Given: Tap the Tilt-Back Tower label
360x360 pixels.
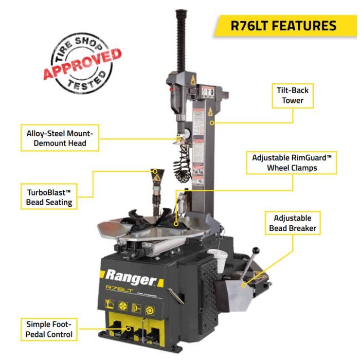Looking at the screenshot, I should pos(293,95).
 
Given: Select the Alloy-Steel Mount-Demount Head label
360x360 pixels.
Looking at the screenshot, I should pos(60,138).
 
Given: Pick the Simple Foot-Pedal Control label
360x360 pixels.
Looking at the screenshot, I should pos(49,329).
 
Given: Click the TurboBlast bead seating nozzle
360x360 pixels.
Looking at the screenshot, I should pos(155,177).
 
